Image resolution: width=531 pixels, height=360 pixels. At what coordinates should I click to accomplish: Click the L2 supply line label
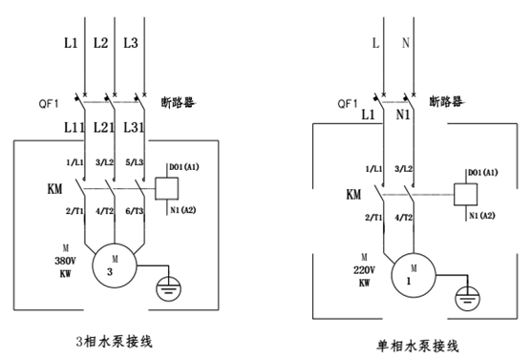tap(100, 43)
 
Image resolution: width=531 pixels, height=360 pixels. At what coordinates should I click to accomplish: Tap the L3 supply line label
tap(131, 43)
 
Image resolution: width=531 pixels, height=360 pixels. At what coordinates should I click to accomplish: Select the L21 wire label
tap(104, 127)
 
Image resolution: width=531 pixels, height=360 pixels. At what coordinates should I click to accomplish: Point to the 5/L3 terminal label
tap(135, 162)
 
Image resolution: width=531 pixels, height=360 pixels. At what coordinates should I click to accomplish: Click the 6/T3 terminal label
tap(135, 211)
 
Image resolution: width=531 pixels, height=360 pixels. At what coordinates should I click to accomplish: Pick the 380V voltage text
tap(65, 261)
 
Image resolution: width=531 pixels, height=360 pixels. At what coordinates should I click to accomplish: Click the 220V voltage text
tap(365, 270)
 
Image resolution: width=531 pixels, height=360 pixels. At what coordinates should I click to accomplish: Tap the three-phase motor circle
tap(115, 244)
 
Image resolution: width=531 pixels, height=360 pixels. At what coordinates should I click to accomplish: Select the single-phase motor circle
tap(414, 253)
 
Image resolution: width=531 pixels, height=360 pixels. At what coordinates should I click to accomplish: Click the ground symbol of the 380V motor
tap(169, 289)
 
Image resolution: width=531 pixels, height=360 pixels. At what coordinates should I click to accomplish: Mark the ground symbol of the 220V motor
tap(467, 298)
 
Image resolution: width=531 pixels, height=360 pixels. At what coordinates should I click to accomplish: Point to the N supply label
tap(406, 43)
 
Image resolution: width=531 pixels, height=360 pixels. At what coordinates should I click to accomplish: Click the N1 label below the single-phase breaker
tap(403, 115)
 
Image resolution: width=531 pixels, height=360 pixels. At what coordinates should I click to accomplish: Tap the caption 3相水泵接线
tap(114, 341)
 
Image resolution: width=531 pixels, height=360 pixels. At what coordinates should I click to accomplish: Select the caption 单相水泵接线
tap(417, 346)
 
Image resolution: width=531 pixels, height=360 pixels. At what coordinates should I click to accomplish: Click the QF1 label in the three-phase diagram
tap(49, 103)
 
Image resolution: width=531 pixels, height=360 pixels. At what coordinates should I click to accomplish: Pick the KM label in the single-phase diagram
tap(353, 195)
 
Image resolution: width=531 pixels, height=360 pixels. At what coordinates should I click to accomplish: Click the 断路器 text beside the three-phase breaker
tap(178, 102)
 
